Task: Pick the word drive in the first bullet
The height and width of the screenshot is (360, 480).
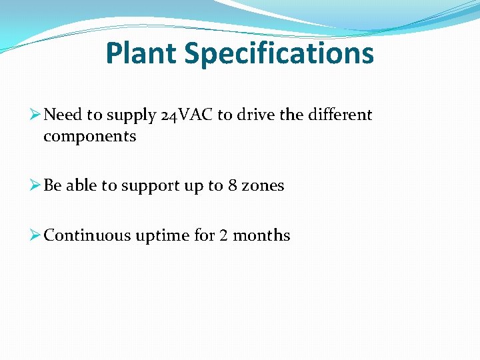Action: pyautogui.click(x=256, y=115)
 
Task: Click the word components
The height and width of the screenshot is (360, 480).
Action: pyautogui.click(x=89, y=137)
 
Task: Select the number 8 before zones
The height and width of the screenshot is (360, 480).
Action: pyautogui.click(x=232, y=185)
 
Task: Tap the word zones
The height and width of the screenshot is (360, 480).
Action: pyautogui.click(x=263, y=185)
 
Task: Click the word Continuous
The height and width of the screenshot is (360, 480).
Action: pyautogui.click(x=87, y=235)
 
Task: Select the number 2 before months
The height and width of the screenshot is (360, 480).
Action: pyautogui.click(x=223, y=235)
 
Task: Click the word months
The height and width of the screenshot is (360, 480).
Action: pyautogui.click(x=260, y=235)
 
